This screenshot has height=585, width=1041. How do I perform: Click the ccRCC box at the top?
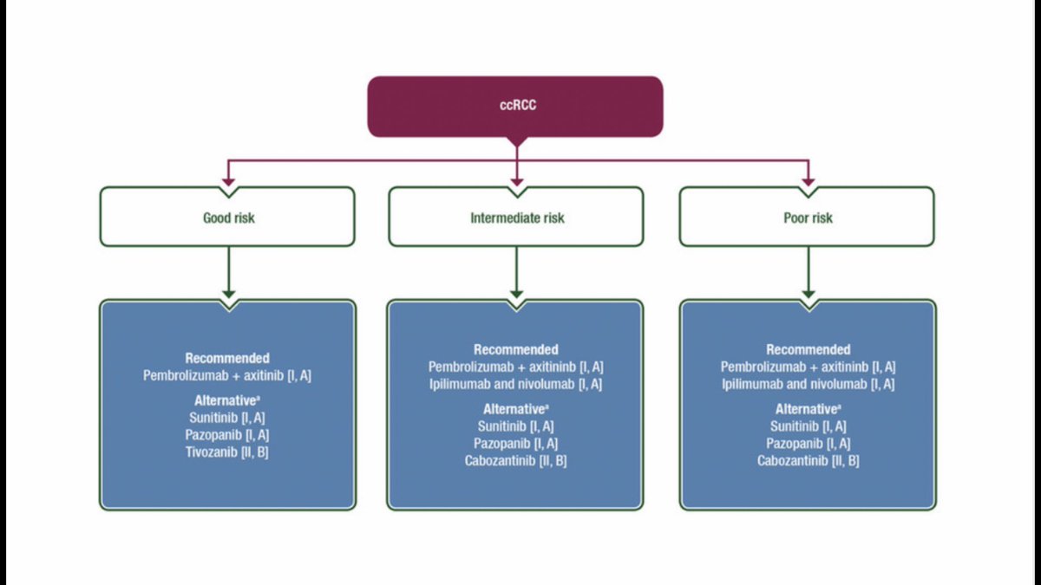click(515, 106)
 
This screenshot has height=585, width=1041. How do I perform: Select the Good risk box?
click(227, 218)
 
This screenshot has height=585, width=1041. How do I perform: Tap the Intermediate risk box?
click(516, 218)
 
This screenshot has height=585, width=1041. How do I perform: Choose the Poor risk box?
click(807, 218)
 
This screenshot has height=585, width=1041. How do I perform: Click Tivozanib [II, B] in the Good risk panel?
click(227, 452)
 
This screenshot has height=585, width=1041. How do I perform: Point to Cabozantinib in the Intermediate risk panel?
click(516, 460)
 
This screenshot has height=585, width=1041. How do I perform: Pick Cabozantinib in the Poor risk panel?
click(808, 460)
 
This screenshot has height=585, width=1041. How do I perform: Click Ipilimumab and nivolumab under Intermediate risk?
click(516, 384)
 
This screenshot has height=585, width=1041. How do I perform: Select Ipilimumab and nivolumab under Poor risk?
click(808, 384)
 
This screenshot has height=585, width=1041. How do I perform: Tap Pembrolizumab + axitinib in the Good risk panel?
click(227, 375)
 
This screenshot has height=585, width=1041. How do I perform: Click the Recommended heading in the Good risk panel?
click(227, 358)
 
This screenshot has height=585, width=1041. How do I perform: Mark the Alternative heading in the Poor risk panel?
click(807, 408)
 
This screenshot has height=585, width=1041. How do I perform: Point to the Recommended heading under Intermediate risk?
click(516, 349)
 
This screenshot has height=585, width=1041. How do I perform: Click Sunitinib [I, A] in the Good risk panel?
click(227, 417)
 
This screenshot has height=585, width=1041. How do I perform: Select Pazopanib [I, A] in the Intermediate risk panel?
click(516, 443)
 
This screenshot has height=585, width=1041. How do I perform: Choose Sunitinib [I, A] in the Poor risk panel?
click(808, 426)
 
